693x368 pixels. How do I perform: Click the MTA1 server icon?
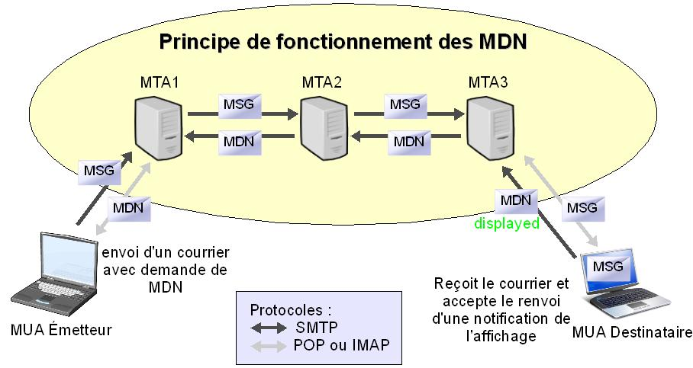coord(158,126)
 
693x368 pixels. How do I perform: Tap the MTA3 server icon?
coord(489,126)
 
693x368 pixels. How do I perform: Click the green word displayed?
coord(506,223)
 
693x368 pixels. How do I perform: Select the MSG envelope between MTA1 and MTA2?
coord(240,104)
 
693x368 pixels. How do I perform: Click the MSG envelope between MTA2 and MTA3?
coord(405,104)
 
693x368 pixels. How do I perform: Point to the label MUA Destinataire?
coord(632,333)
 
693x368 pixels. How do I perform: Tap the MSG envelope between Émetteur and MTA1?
coord(97,171)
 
